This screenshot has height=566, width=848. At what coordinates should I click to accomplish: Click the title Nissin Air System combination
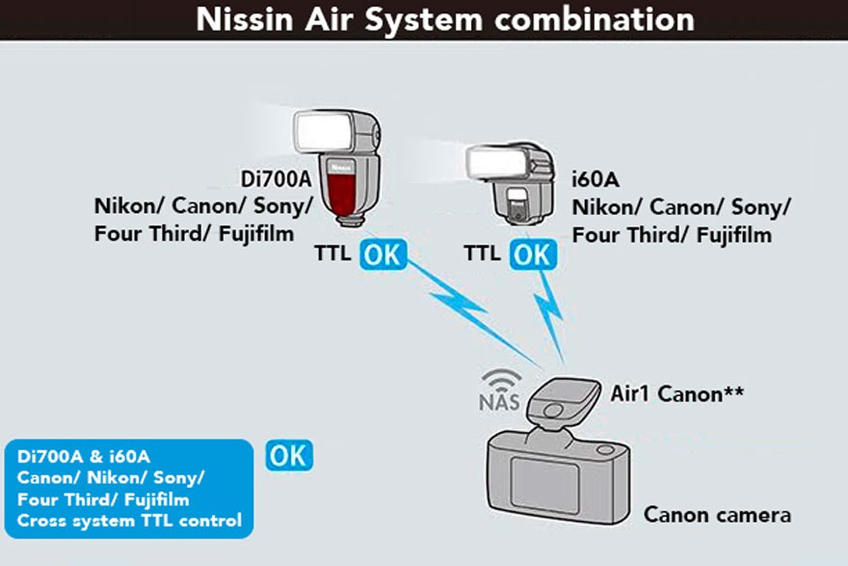[445, 20]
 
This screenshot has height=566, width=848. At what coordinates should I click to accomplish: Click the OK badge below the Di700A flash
[382, 255]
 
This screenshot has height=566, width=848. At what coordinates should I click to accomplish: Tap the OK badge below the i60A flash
[531, 255]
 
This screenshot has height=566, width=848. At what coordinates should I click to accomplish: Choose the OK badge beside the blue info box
[289, 455]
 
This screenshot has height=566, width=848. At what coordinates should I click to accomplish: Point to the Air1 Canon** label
[677, 393]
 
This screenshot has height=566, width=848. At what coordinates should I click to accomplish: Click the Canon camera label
[717, 514]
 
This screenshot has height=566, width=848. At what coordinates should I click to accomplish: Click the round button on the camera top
[605, 450]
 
